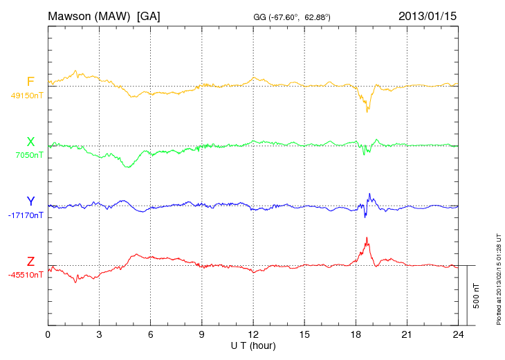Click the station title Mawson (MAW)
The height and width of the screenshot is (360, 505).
(x=89, y=15)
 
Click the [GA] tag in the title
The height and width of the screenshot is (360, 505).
(x=149, y=15)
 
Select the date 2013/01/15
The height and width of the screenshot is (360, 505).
(x=428, y=15)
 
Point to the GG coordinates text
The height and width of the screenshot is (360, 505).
(x=291, y=16)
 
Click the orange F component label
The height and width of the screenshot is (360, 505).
(x=30, y=82)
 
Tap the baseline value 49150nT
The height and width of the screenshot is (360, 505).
(x=26, y=96)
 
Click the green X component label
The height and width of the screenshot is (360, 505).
(x=30, y=142)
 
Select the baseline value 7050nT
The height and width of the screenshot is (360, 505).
(x=28, y=155)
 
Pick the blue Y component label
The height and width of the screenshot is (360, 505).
(x=30, y=201)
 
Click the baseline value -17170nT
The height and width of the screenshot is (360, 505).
(x=26, y=215)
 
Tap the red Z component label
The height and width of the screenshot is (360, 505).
(x=30, y=262)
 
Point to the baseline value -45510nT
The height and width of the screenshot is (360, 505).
(x=26, y=275)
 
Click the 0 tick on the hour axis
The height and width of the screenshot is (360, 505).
(x=48, y=334)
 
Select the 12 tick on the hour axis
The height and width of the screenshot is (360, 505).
(x=253, y=334)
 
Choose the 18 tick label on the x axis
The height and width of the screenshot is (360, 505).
(x=356, y=334)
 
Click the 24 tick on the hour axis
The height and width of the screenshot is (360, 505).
(x=458, y=334)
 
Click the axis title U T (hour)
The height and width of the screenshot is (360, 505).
(x=252, y=345)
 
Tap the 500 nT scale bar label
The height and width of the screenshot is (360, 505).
(x=477, y=295)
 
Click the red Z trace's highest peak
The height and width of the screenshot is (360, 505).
(x=367, y=237)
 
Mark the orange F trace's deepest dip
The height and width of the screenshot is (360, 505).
(x=367, y=112)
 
